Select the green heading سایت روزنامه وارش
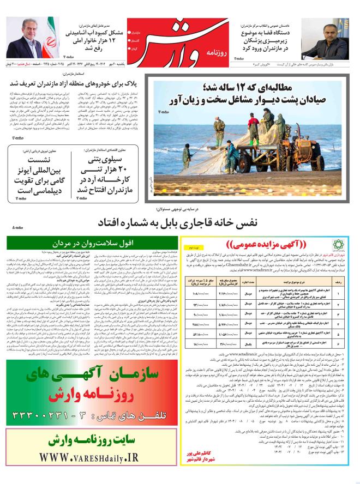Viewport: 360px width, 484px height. click(91, 440)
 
